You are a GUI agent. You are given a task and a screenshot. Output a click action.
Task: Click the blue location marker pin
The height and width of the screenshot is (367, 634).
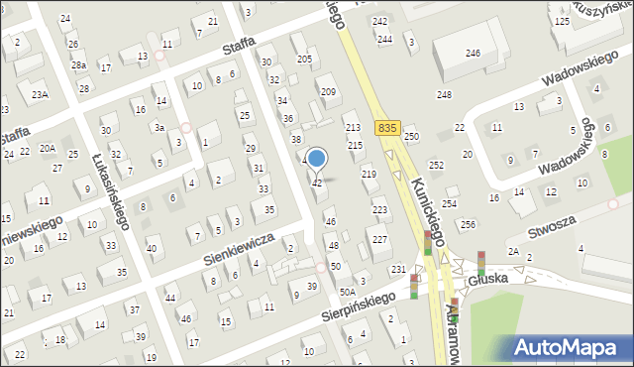(x=317, y=159)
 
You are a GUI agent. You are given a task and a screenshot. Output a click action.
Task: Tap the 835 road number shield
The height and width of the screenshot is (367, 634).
(x=388, y=128)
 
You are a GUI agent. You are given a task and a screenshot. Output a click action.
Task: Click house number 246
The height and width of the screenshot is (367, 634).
(x=473, y=53)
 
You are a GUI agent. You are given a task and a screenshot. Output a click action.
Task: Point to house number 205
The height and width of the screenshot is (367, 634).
(x=304, y=60)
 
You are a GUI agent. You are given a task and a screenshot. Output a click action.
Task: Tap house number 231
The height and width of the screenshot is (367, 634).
(x=398, y=270)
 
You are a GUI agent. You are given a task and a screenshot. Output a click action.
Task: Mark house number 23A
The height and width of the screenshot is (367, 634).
(x=39, y=94)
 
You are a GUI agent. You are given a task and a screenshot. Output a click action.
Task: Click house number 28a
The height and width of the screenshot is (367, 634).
(x=78, y=65)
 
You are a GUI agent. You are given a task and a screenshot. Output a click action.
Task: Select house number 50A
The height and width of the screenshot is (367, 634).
(x=347, y=292)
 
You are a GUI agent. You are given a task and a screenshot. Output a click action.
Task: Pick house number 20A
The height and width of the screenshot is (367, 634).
(x=47, y=148)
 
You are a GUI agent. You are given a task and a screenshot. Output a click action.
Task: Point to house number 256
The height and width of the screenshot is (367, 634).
(x=468, y=224)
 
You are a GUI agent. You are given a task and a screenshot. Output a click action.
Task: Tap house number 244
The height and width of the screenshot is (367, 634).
(x=384, y=39)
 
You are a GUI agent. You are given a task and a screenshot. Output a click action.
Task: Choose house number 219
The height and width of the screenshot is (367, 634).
(x=369, y=174)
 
